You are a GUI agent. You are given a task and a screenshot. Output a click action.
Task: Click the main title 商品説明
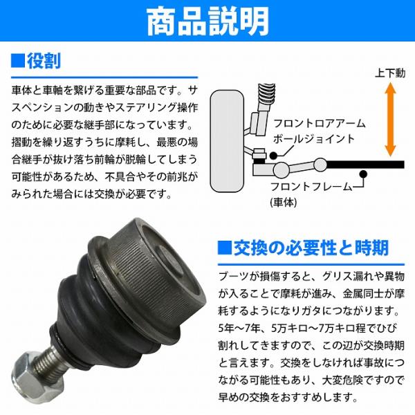[207, 21]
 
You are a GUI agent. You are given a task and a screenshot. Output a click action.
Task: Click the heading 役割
[44, 61]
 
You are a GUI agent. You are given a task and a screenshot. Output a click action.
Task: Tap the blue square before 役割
[18, 61]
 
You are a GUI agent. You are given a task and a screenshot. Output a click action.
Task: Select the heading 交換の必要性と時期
[311, 248]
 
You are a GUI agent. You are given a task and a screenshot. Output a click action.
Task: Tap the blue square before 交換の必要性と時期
[224, 248]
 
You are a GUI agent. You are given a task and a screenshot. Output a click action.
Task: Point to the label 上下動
[390, 73]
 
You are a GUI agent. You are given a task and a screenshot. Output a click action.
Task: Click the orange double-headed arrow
[390, 120]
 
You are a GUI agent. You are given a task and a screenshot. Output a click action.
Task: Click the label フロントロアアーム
[319, 124]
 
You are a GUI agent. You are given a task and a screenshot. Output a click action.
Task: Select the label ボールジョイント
[314, 139]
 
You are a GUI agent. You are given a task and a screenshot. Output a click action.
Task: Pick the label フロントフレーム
[311, 187]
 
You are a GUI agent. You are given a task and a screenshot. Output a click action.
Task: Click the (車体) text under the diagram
[284, 203]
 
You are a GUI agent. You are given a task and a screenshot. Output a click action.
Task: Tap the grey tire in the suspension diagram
[227, 141]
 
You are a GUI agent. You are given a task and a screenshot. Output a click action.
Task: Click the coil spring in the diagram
[266, 93]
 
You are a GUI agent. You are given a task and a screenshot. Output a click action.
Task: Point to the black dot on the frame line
[364, 174]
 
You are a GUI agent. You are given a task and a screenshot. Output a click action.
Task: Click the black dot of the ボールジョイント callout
[274, 156]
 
